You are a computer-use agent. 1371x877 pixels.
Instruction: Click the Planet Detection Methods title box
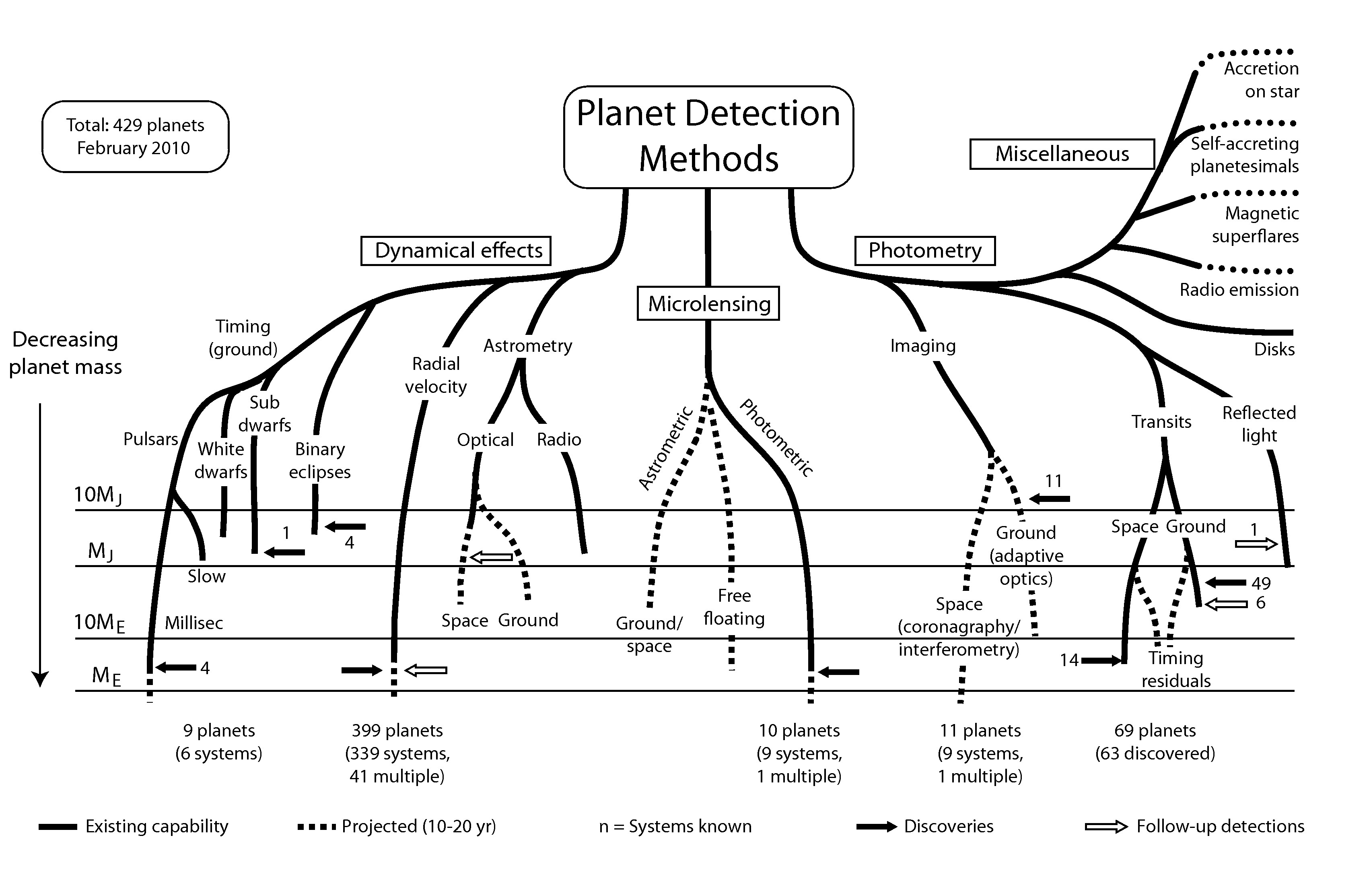pyautogui.click(x=708, y=137)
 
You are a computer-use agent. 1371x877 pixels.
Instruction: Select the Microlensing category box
pyautogui.click(x=708, y=303)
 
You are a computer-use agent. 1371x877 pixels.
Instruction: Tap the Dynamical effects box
pyautogui.click(x=456, y=251)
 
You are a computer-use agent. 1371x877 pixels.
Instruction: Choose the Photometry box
pyautogui.click(x=925, y=251)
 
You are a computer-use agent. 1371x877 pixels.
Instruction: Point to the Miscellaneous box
pyautogui.click(x=1062, y=154)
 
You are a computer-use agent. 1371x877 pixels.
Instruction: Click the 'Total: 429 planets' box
pyautogui.click(x=136, y=137)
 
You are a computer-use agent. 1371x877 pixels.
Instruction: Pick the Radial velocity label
pyautogui.click(x=436, y=375)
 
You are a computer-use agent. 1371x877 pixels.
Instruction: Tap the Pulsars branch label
pyautogui.click(x=151, y=439)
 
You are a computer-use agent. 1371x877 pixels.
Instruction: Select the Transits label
pyautogui.click(x=1161, y=422)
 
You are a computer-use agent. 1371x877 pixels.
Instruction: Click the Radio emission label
pyautogui.click(x=1239, y=290)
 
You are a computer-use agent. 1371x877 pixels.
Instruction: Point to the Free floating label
pyautogui.click(x=734, y=607)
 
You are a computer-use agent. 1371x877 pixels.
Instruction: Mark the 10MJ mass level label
pyautogui.click(x=98, y=495)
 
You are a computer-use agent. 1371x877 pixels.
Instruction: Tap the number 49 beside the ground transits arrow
pyautogui.click(x=1261, y=583)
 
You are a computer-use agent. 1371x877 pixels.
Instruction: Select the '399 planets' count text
pyautogui.click(x=397, y=730)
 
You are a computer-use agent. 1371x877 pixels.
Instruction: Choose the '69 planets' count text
pyautogui.click(x=1155, y=730)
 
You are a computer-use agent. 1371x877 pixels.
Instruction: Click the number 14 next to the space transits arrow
pyautogui.click(x=1069, y=660)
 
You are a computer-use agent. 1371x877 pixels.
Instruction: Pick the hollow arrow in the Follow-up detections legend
pyautogui.click(x=1106, y=827)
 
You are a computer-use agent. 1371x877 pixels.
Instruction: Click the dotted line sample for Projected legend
pyautogui.click(x=317, y=827)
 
